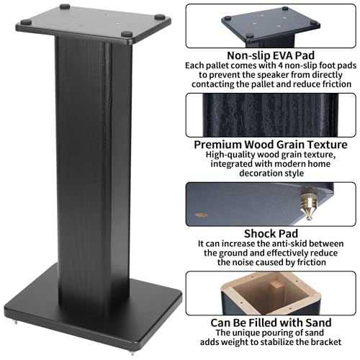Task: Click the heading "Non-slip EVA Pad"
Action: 271,55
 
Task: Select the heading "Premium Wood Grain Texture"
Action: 271,145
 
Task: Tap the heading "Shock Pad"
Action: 271,234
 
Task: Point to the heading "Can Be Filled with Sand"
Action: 271,323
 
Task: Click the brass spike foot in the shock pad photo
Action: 309,203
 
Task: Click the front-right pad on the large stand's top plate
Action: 127,34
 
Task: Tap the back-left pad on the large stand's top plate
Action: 65,6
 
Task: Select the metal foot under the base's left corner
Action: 16,322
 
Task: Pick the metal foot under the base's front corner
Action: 132,354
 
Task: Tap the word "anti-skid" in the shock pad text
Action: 284,243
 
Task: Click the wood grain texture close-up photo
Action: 271,115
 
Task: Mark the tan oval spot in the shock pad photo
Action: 201,215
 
